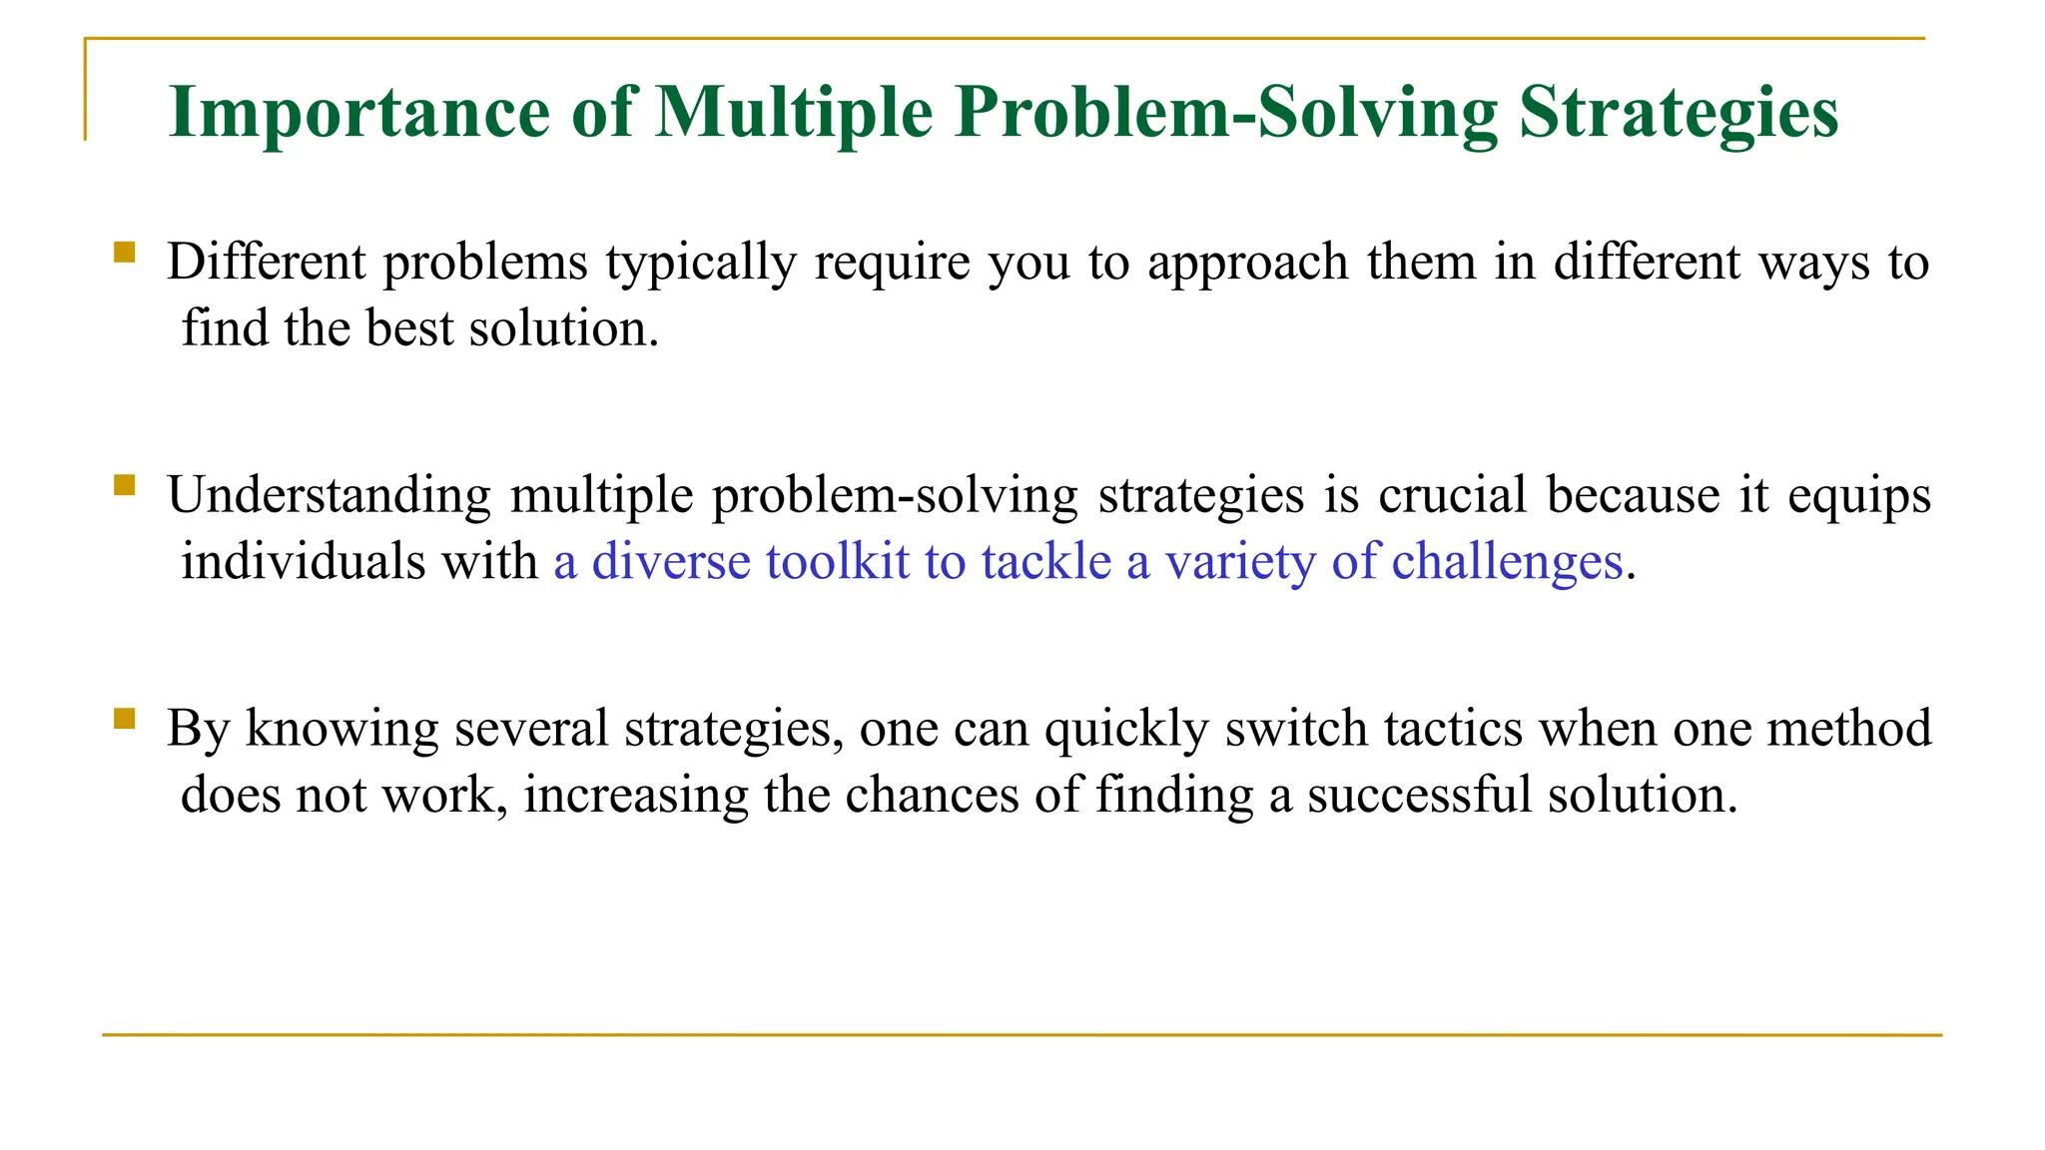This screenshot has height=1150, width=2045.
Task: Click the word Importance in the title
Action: pos(358,112)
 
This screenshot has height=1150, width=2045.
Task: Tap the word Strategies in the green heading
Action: pos(1678,112)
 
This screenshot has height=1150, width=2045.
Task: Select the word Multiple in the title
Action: pos(794,112)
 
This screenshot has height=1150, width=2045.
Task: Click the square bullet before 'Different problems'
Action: pos(125,252)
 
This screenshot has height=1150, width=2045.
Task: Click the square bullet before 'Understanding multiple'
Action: pos(125,485)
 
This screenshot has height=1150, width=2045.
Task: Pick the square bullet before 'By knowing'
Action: pos(125,719)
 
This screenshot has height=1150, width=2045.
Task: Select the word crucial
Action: pos(1453,495)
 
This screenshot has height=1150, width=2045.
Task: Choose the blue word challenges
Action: pos(1507,563)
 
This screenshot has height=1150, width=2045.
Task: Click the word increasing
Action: pos(636,797)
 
